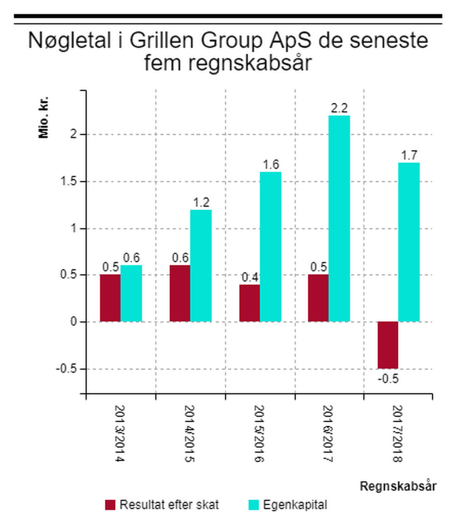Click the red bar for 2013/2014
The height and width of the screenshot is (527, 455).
(110, 298)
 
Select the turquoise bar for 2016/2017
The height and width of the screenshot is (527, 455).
(339, 218)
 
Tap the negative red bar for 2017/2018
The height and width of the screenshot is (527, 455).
(388, 345)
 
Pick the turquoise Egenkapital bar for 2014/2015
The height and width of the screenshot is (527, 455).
(201, 265)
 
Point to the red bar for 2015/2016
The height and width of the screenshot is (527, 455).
(249, 303)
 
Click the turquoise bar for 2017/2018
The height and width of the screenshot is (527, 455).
(409, 242)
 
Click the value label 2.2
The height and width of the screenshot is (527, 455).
(339, 108)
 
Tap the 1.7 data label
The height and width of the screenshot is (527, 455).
(409, 155)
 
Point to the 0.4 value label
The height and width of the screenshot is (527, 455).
(249, 277)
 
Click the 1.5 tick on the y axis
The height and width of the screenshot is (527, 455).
(70, 182)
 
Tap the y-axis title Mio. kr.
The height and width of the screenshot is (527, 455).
(44, 118)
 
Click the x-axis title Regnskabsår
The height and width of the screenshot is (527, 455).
(398, 486)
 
